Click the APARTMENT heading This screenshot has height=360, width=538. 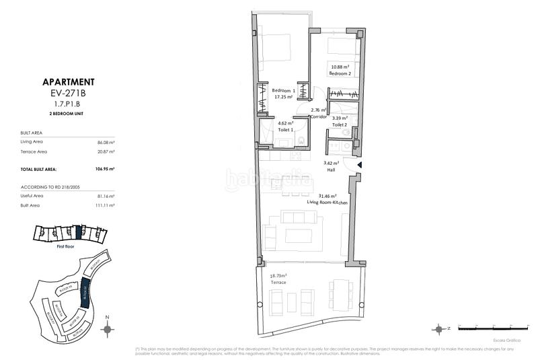(67, 82)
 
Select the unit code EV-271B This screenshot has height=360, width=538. (67, 94)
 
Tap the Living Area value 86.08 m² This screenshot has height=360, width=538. (106, 142)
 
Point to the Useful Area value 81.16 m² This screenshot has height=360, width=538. (106, 195)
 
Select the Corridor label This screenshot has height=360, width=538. (318, 116)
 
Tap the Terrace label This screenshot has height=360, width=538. (278, 283)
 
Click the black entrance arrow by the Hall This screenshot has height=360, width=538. (360, 165)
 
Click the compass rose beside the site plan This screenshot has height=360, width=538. (107, 329)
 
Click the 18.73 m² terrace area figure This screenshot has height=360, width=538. (278, 276)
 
